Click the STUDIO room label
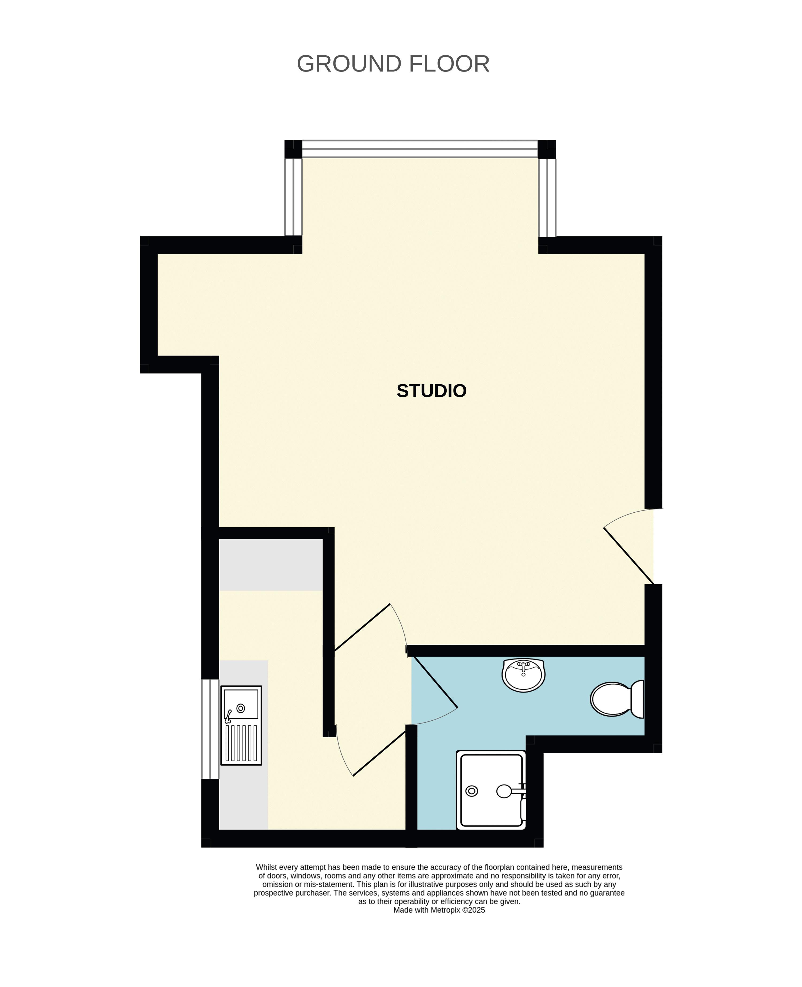[432, 391]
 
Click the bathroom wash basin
[523, 675]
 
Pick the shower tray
[491, 790]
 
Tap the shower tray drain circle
[472, 791]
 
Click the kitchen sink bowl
[241, 704]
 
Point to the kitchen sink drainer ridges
[241, 743]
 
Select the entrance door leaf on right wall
[629, 556]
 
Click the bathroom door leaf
[434, 682]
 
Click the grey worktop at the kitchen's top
[271, 564]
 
